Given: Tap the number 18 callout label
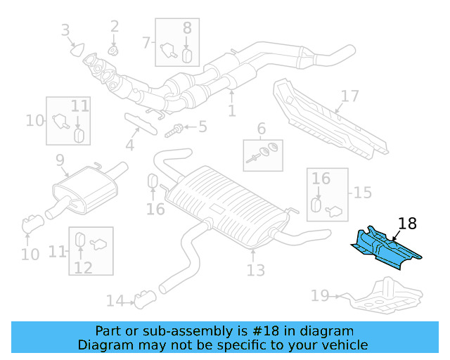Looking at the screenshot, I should (x=406, y=224).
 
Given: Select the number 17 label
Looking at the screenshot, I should (x=349, y=96).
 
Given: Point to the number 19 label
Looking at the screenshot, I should (x=320, y=296).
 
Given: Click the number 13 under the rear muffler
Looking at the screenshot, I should (x=255, y=269).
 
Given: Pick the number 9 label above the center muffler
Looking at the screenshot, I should (x=60, y=160).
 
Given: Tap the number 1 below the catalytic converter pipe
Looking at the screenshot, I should (x=231, y=110).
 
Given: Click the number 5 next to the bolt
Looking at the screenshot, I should (x=202, y=127).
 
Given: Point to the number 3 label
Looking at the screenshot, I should (x=65, y=30).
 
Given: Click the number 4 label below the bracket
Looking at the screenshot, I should (x=130, y=146).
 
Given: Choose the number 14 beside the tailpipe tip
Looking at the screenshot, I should (x=115, y=301).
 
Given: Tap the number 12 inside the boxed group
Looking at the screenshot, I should (x=83, y=267).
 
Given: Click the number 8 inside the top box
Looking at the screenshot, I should (x=187, y=28).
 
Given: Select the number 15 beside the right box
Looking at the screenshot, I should (x=362, y=192).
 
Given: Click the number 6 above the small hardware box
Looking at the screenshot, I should (x=261, y=129).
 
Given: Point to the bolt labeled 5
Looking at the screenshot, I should (x=175, y=129).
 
